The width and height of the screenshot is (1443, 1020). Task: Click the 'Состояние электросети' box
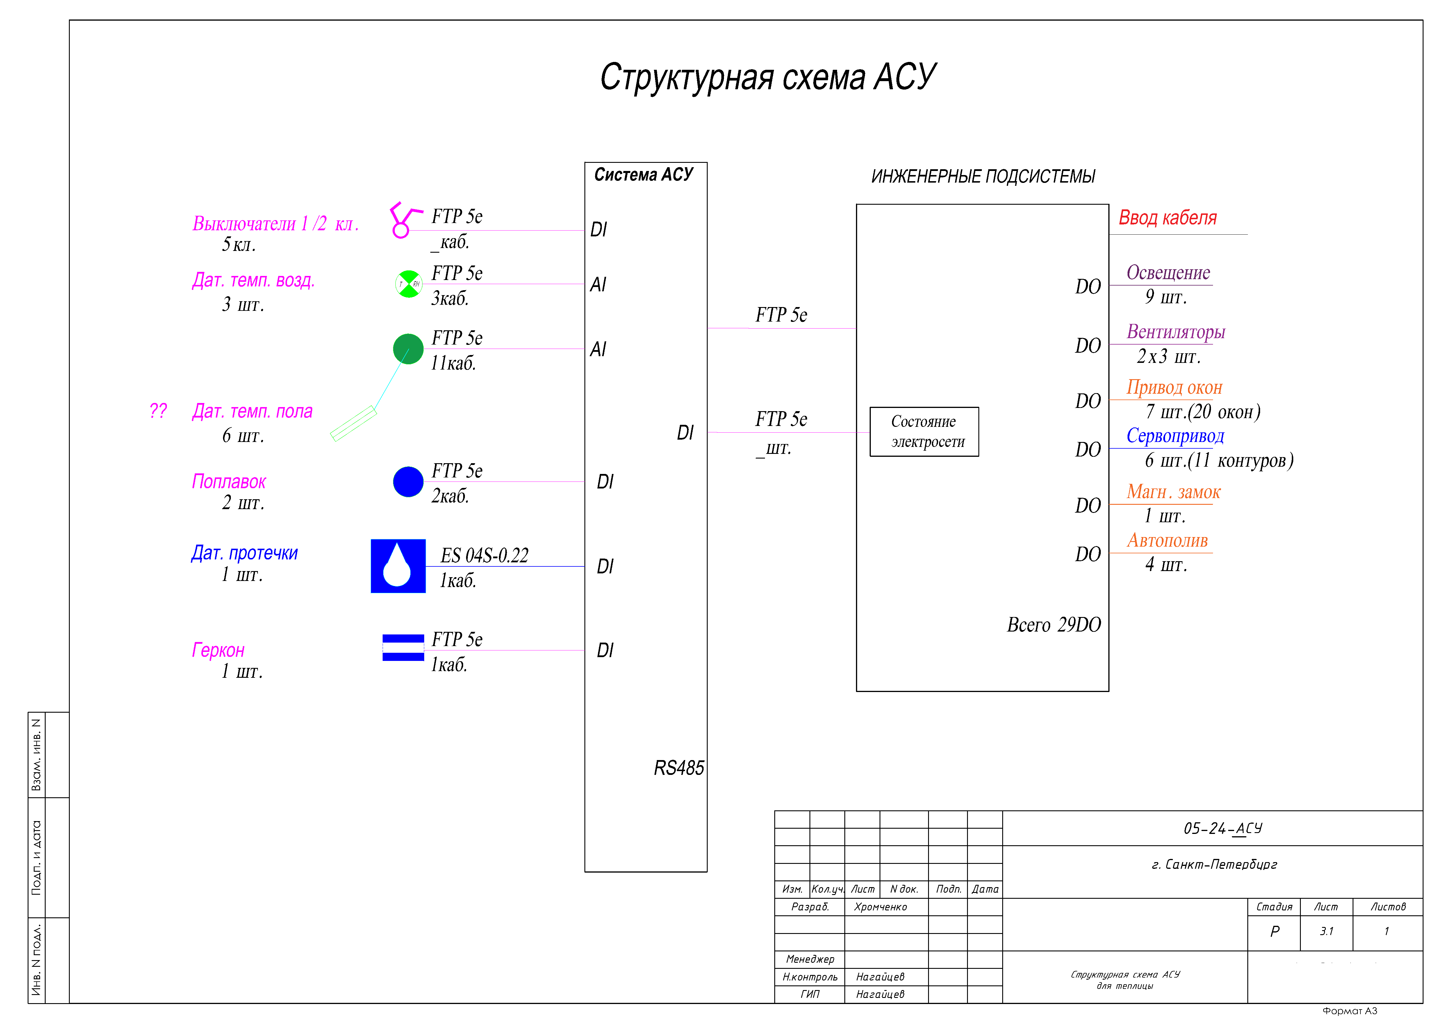[x=924, y=432]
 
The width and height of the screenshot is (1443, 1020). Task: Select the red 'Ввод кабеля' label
[x=1167, y=218]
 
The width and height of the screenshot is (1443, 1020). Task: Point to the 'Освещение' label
[x=1168, y=273]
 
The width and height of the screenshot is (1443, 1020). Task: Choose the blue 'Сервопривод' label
[x=1175, y=436]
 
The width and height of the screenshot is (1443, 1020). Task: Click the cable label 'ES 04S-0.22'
[x=484, y=556]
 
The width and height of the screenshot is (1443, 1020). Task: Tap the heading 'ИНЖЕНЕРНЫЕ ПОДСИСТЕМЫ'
[x=983, y=176]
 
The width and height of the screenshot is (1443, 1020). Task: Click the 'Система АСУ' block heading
[x=643, y=175]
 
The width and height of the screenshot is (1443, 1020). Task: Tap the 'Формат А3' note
[x=1349, y=1011]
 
